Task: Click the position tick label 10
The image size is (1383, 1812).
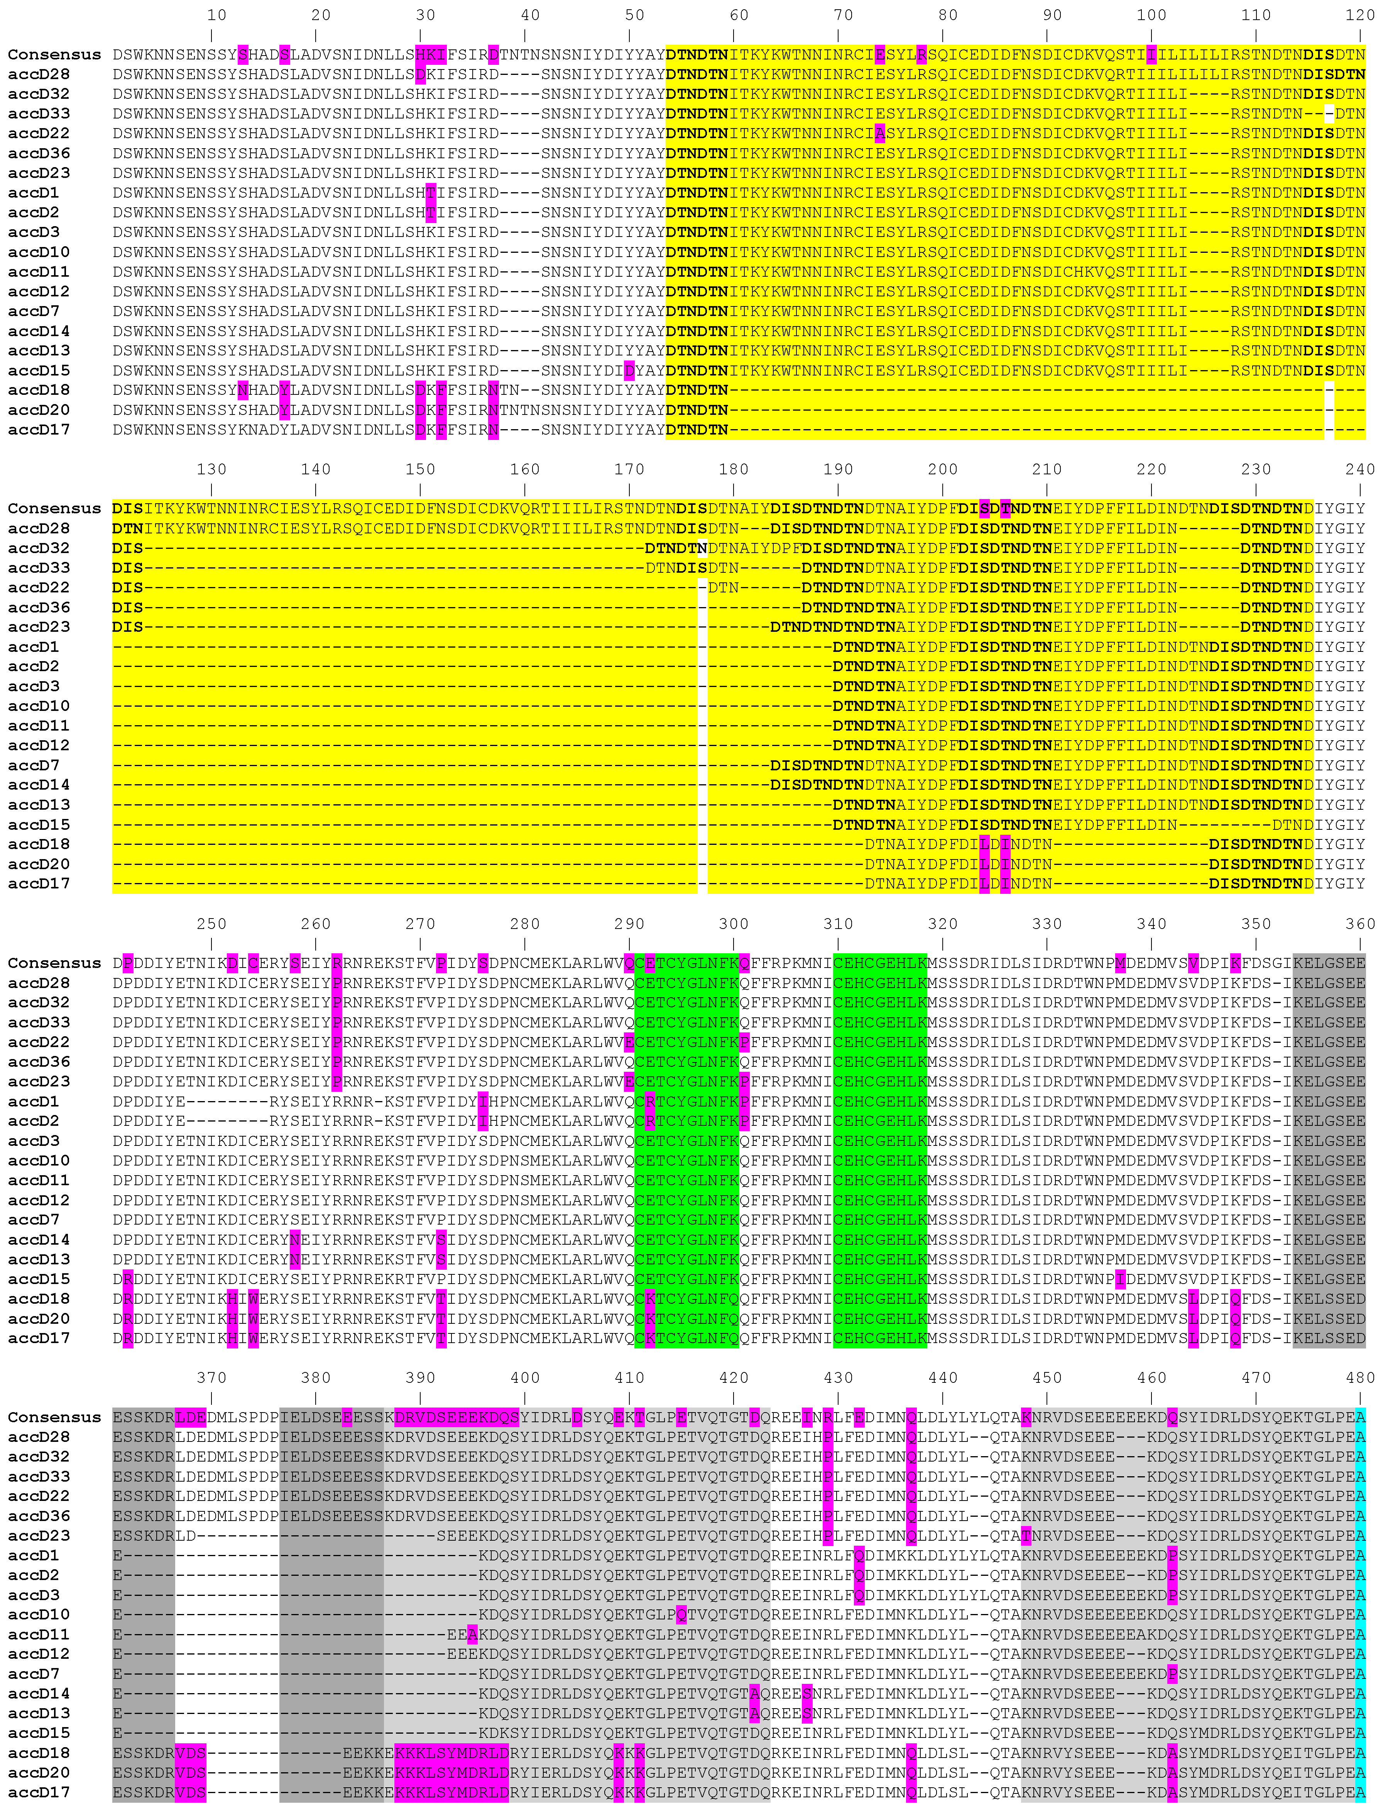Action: (216, 15)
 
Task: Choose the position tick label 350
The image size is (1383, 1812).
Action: (1255, 924)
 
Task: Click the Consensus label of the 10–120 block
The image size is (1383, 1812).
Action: (54, 54)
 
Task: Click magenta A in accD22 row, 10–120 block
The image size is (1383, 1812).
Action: (880, 134)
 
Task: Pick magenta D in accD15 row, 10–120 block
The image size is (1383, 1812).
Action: (630, 371)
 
